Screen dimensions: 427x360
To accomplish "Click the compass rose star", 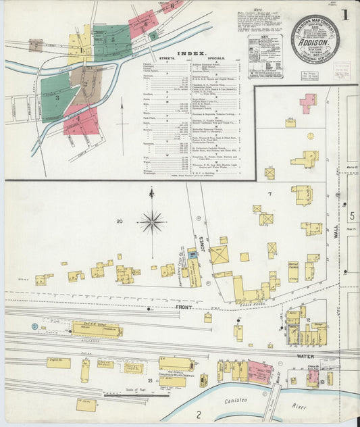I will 153,221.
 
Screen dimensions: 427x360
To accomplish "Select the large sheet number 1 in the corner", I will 346,14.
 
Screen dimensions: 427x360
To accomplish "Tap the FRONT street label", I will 184,307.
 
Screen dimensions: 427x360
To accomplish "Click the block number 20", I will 120,222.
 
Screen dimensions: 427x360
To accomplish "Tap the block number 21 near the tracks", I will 160,381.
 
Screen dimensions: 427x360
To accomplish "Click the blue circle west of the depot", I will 34,326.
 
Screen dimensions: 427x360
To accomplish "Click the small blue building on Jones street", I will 192,254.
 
